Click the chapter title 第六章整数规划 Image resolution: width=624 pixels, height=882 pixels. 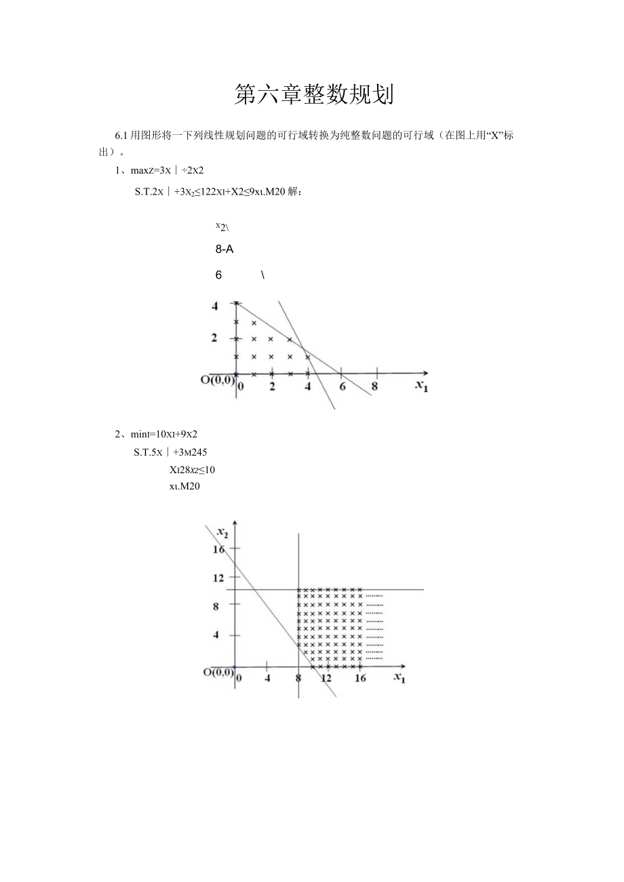tap(313, 96)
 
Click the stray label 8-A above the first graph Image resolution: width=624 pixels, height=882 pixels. tap(225, 249)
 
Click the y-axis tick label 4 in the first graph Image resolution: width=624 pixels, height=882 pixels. tap(215, 306)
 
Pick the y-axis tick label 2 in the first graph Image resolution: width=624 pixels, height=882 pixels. tap(215, 338)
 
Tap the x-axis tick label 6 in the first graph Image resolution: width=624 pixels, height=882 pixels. tap(343, 386)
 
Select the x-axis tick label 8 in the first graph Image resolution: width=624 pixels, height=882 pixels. tap(374, 386)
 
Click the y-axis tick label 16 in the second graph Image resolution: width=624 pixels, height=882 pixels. tap(218, 549)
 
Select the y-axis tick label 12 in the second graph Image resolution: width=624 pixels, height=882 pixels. tap(218, 578)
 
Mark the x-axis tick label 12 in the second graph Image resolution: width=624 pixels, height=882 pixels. tap(326, 679)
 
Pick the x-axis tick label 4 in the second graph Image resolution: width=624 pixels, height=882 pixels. tap(267, 679)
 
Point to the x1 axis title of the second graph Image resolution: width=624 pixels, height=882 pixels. tap(399, 678)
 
